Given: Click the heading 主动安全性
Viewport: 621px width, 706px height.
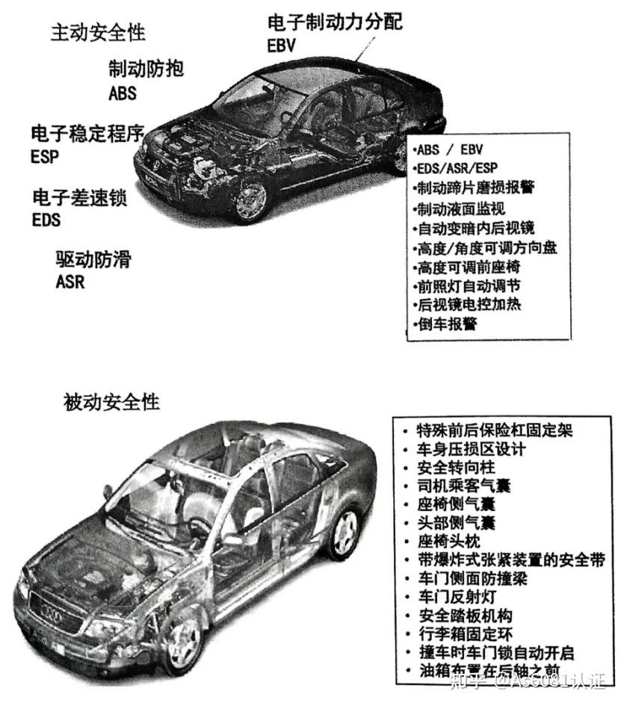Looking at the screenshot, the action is pyautogui.click(x=98, y=33).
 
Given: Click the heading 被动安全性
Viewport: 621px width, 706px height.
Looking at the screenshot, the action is pyautogui.click(x=112, y=401).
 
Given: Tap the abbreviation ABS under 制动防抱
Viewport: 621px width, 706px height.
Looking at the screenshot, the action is pyautogui.click(x=123, y=93).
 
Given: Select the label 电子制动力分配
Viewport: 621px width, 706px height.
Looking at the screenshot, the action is pyautogui.click(x=335, y=22).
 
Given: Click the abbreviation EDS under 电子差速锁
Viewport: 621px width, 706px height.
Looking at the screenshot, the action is pyautogui.click(x=46, y=220).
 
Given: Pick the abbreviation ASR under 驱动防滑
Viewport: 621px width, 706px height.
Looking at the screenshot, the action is pyautogui.click(x=70, y=282).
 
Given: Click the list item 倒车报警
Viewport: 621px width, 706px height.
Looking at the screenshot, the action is pyautogui.click(x=447, y=324).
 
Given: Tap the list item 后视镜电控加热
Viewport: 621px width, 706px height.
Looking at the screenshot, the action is pyautogui.click(x=469, y=305).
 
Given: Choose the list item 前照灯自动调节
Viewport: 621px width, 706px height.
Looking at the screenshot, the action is pyautogui.click(x=469, y=285).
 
